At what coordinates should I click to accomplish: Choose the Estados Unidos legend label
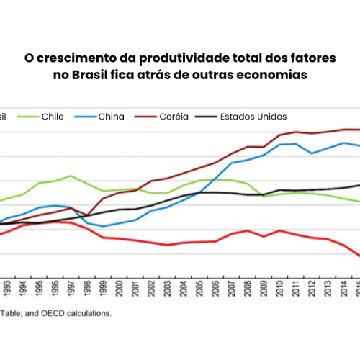[x=253, y=116]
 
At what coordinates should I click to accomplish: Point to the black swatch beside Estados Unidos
[x=205, y=116]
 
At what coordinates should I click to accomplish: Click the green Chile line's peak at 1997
[x=71, y=176]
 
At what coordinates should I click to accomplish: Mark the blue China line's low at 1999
[x=103, y=226]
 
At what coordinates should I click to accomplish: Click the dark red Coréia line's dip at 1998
[x=87, y=215]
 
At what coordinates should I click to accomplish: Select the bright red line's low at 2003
[x=167, y=245]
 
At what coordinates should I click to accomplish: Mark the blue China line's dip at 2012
[x=311, y=153]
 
